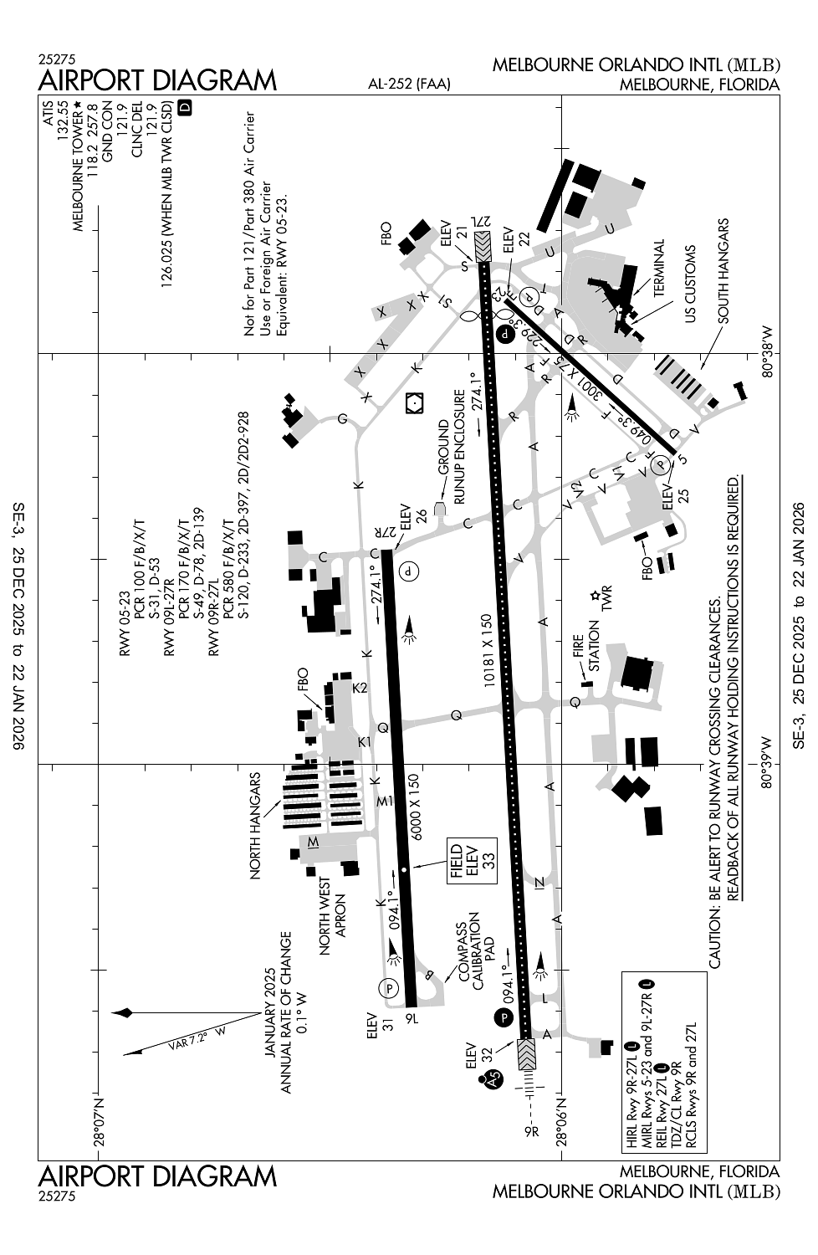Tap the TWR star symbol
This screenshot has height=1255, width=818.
coord(594,595)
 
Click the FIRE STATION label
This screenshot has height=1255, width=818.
coord(585,645)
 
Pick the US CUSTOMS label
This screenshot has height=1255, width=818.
coord(690,284)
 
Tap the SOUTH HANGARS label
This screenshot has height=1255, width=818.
coord(723,271)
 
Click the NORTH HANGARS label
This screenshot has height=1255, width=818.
coord(255,826)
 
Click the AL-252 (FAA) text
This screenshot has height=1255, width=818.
coord(409,84)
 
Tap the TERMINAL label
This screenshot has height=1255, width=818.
coord(658,268)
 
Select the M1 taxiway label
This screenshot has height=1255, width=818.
coord(385,802)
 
